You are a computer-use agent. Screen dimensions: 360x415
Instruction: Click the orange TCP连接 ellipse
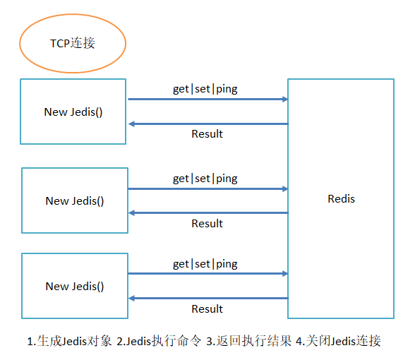tap(73, 44)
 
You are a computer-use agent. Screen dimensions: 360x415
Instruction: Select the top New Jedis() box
tap(73, 112)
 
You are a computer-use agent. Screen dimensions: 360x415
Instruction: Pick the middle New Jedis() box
tap(75, 200)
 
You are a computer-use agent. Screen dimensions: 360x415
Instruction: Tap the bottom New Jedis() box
tap(75, 286)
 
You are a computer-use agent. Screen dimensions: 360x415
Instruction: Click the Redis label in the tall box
tap(341, 198)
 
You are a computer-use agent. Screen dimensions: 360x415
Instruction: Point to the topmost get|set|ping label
tap(205, 89)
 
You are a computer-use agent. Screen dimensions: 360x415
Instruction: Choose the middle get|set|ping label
tap(205, 179)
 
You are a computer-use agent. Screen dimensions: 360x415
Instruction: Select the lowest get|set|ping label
tap(205, 264)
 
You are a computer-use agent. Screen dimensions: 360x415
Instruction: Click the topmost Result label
tap(207, 134)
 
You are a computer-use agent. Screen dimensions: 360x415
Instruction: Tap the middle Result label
tap(207, 224)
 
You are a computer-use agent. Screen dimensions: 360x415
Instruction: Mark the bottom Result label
tap(207, 309)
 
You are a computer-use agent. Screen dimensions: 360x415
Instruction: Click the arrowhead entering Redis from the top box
tap(284, 100)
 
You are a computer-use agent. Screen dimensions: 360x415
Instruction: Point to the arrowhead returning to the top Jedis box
tap(132, 124)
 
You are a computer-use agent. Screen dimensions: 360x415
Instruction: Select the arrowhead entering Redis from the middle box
tap(284, 188)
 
